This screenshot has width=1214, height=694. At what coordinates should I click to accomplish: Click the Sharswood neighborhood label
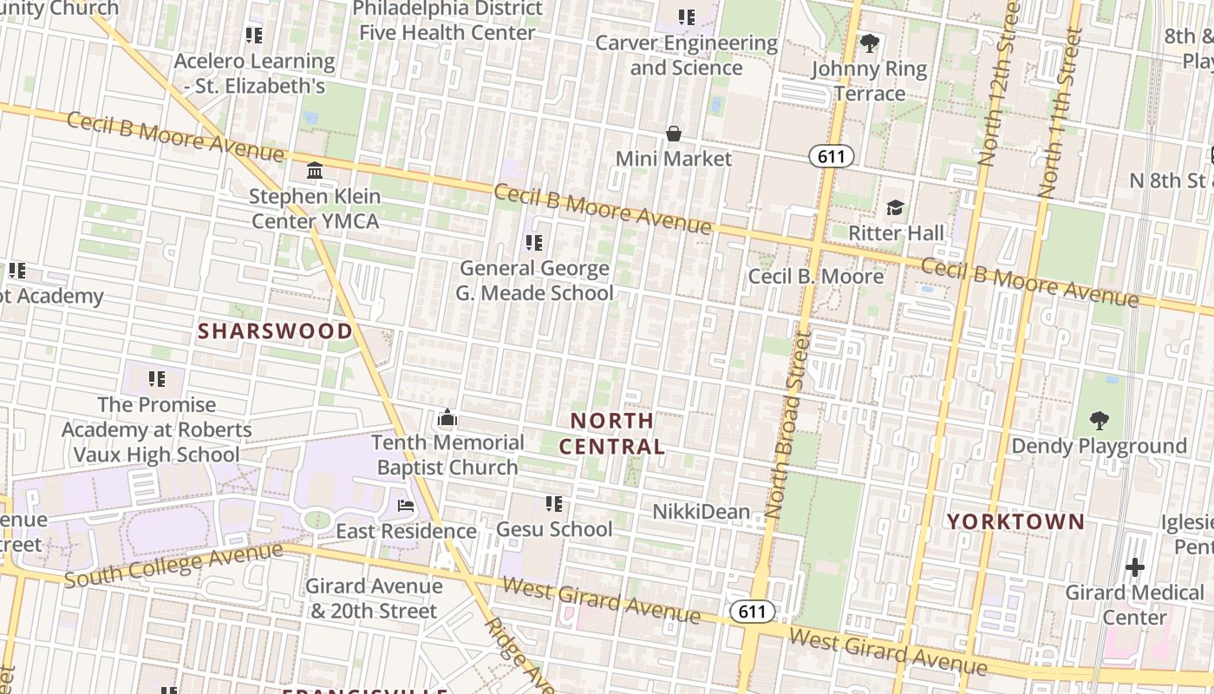point(275,331)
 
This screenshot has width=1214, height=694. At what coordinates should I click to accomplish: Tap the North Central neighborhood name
point(611,434)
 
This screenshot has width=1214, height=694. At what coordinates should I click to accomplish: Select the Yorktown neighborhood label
point(1015,521)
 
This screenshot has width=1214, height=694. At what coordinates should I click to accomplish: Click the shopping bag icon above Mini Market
point(674,134)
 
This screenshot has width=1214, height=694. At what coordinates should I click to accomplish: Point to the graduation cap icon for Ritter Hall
point(895,207)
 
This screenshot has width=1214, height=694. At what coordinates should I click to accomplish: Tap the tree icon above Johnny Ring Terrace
point(869,43)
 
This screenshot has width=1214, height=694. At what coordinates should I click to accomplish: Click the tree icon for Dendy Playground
point(1100,421)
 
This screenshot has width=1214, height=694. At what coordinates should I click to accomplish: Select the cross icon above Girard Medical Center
point(1134,568)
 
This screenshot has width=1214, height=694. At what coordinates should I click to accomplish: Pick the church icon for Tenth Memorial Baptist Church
point(447,418)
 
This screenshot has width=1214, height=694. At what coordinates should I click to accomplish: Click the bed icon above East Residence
point(406,506)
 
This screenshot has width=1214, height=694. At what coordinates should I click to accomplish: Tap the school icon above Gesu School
point(554,504)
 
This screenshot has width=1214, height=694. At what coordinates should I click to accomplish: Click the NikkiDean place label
point(701,512)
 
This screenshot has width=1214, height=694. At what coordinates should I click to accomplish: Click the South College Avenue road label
point(173,565)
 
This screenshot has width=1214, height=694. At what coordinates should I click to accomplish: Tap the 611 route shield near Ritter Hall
point(832,156)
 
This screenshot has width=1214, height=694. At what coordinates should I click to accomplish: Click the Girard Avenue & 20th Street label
point(373,599)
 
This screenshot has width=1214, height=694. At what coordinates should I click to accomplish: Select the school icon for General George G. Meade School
point(534,243)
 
